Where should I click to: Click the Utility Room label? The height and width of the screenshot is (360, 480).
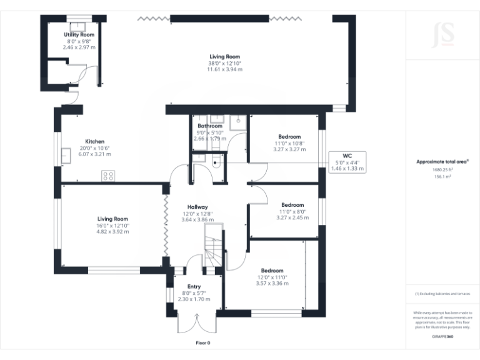pyautogui.click(x=79, y=34)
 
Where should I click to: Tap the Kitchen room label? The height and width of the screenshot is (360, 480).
pyautogui.click(x=95, y=141)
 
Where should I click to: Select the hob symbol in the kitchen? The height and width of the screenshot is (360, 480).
pyautogui.click(x=108, y=176)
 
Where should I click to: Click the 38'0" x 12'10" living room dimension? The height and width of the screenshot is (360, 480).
pyautogui.click(x=225, y=63)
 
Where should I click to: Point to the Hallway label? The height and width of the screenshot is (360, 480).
pyautogui.click(x=197, y=207)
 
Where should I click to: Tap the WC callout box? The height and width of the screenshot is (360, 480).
pyautogui.click(x=347, y=162)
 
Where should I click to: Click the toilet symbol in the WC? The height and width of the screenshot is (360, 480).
pyautogui.click(x=216, y=164)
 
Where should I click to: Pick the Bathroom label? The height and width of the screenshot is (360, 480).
pyautogui.click(x=209, y=126)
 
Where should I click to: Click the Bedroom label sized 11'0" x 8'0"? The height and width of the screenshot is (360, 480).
pyautogui.click(x=292, y=205)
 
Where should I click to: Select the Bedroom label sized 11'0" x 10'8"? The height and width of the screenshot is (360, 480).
pyautogui.click(x=289, y=137)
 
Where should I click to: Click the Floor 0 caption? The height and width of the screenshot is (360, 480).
pyautogui.click(x=202, y=343)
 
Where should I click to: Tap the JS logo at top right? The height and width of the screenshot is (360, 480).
pyautogui.click(x=442, y=31)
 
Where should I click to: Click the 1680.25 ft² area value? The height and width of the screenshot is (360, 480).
pyautogui.click(x=442, y=169)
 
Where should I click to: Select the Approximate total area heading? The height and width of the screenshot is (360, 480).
pyautogui.click(x=442, y=161)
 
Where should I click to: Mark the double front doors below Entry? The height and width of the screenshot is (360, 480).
pyautogui.click(x=191, y=322)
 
